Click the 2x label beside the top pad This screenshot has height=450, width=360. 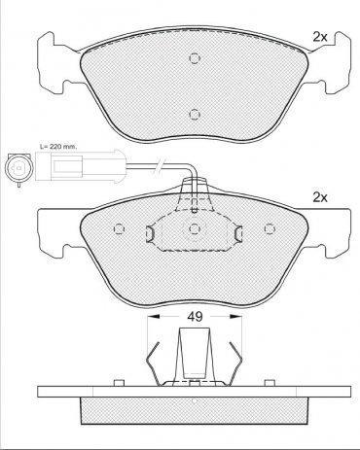tap(320, 37)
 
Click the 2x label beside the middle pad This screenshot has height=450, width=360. tap(320, 197)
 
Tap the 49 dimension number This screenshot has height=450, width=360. tap(196, 316)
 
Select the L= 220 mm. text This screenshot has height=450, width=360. tap(58, 147)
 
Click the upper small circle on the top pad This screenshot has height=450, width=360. tap(195, 58)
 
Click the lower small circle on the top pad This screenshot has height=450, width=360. tap(195, 114)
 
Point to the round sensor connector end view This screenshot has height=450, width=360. tap(18, 168)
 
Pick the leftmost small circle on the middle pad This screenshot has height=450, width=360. tap(120, 229)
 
